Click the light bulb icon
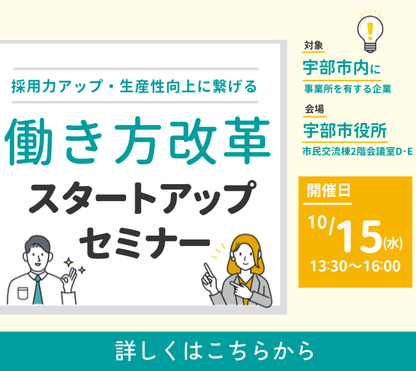(x=370, y=31)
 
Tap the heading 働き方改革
(x=137, y=141)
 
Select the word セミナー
(x=145, y=243)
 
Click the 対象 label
(x=313, y=46)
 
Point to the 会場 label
(x=315, y=109)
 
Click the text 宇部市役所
(x=345, y=130)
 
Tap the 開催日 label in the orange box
(x=329, y=191)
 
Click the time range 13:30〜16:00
(x=356, y=266)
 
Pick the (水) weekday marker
(x=393, y=243)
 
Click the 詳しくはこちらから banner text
(x=214, y=351)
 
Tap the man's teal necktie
(x=38, y=290)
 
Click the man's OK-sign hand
(x=70, y=279)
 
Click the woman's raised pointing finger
(x=208, y=269)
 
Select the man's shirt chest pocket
(x=23, y=293)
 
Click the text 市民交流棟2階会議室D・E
(x=357, y=152)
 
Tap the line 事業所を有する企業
(x=348, y=89)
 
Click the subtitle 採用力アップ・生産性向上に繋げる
(x=135, y=87)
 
